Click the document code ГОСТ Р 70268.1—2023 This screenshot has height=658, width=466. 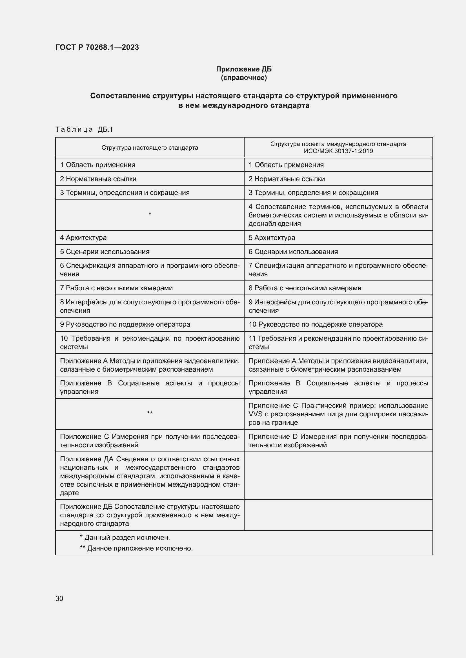click(x=97, y=47)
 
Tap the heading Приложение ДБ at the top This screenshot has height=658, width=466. click(x=244, y=69)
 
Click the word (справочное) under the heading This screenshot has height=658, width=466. click(x=244, y=78)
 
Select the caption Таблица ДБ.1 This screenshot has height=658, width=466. click(x=84, y=129)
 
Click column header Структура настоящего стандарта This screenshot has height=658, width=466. click(x=150, y=148)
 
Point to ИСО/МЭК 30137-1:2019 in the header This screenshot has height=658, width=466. click(x=338, y=151)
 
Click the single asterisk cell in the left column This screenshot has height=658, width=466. click(x=150, y=214)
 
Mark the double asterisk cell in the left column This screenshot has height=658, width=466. click(x=150, y=413)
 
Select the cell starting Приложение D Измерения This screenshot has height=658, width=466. click(x=338, y=441)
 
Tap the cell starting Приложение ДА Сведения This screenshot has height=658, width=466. click(x=150, y=476)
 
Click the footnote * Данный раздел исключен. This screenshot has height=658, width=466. click(x=125, y=538)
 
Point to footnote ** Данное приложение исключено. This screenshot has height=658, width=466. click(x=136, y=548)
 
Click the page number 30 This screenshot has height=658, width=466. click(x=59, y=598)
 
